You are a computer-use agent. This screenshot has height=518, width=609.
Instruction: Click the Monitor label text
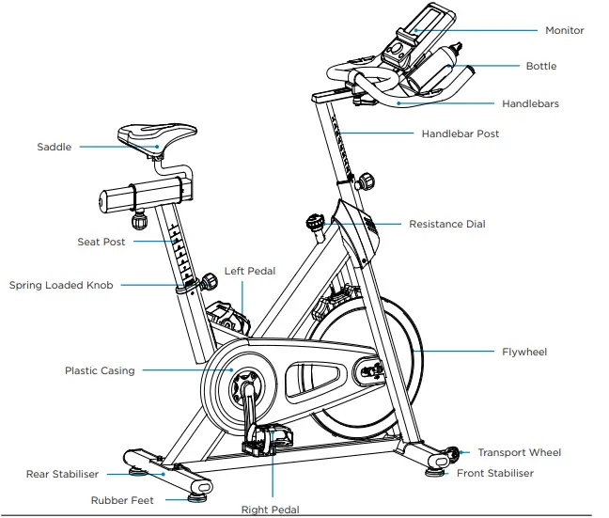tap(564, 30)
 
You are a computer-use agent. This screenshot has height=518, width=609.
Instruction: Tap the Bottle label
tap(540, 67)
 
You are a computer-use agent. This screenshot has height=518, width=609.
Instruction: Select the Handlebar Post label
tap(460, 133)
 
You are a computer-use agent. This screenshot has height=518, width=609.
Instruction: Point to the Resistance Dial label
tap(446, 224)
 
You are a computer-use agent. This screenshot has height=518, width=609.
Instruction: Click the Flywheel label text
tap(524, 353)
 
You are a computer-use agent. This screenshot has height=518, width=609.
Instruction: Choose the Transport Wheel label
tap(519, 452)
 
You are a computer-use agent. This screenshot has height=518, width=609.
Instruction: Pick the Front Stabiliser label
tap(494, 473)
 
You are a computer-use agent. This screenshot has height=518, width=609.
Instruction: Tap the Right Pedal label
tap(271, 509)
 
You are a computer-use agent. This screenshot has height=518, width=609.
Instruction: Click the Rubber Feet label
tap(122, 501)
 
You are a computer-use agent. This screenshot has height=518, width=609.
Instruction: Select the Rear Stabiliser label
tap(64, 474)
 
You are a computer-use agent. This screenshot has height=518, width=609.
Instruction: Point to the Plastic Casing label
tap(99, 370)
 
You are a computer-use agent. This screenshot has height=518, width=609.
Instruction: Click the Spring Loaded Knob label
tap(60, 285)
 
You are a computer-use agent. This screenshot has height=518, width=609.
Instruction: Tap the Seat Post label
tap(101, 242)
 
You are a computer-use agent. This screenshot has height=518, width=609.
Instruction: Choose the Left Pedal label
tap(250, 272)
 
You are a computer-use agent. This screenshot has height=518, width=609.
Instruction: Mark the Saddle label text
tap(54, 147)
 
